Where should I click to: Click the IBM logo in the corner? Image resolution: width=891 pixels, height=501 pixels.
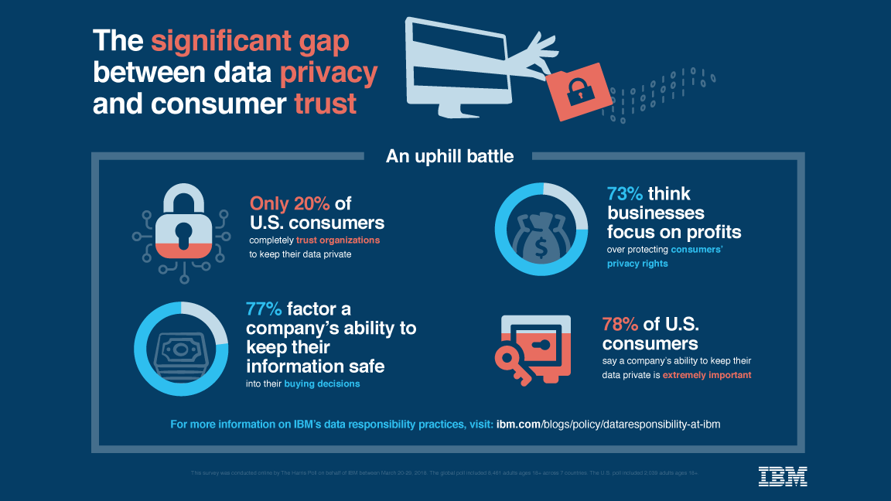pyautogui.click(x=783, y=476)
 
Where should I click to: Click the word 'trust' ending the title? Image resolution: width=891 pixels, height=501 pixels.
pyautogui.click(x=326, y=103)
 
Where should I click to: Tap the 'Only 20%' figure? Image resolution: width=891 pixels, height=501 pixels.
pyautogui.click(x=290, y=203)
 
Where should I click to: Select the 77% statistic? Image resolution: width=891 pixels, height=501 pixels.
pyautogui.click(x=264, y=309)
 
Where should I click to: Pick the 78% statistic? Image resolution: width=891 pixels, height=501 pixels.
pyautogui.click(x=621, y=324)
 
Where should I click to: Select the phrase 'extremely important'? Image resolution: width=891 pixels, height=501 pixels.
pyautogui.click(x=705, y=375)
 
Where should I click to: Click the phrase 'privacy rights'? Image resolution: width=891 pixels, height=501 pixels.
pyautogui.click(x=638, y=264)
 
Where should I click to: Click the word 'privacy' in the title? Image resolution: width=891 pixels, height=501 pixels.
pyautogui.click(x=329, y=72)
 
